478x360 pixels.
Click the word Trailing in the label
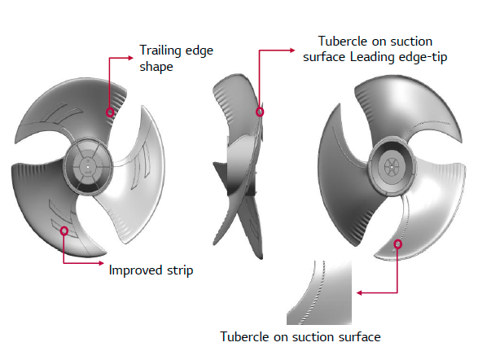click(x=158, y=51)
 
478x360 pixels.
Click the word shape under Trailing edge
click(x=156, y=67)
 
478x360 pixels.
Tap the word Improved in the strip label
click(x=135, y=271)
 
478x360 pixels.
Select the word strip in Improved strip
click(x=180, y=271)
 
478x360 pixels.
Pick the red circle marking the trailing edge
click(x=110, y=112)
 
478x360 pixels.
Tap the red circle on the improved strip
click(x=64, y=230)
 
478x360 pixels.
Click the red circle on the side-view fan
click(x=260, y=112)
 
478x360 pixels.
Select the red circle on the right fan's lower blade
click(x=397, y=244)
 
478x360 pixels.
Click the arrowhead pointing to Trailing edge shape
click(x=130, y=58)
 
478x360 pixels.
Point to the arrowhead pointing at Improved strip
click(x=101, y=263)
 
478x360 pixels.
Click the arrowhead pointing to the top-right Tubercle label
click(x=292, y=50)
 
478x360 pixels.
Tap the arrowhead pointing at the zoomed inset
click(x=359, y=293)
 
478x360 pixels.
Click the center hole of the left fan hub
click(x=88, y=167)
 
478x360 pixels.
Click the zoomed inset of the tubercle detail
click(x=319, y=292)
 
